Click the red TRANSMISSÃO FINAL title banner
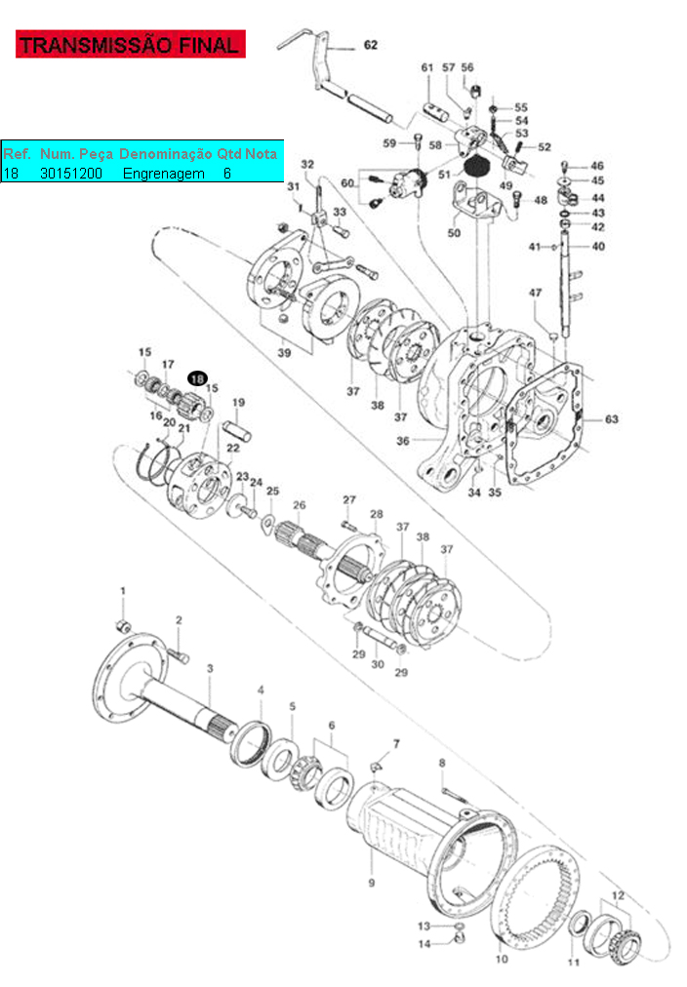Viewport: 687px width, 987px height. coord(131,44)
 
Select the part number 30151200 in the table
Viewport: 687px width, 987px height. coord(71,174)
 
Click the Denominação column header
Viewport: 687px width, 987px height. coord(166,154)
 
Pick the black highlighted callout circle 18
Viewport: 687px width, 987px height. coord(197,378)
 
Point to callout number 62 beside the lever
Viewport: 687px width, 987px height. coord(371,45)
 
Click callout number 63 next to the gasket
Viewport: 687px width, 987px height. coord(612,418)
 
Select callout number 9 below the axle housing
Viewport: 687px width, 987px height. coord(372,883)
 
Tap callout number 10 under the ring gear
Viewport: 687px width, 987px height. coord(502,959)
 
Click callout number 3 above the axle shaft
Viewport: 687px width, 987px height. coord(210,668)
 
